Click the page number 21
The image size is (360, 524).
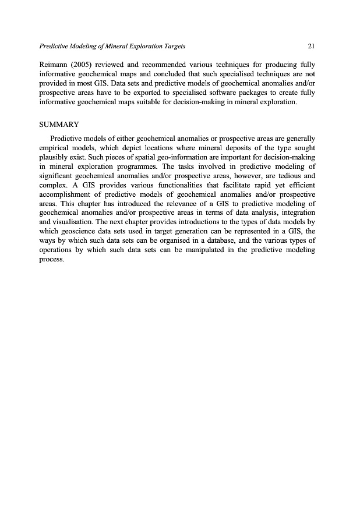(311, 46)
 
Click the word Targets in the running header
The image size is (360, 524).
(171, 46)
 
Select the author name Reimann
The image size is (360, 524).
(53, 63)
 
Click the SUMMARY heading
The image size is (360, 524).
(58, 125)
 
